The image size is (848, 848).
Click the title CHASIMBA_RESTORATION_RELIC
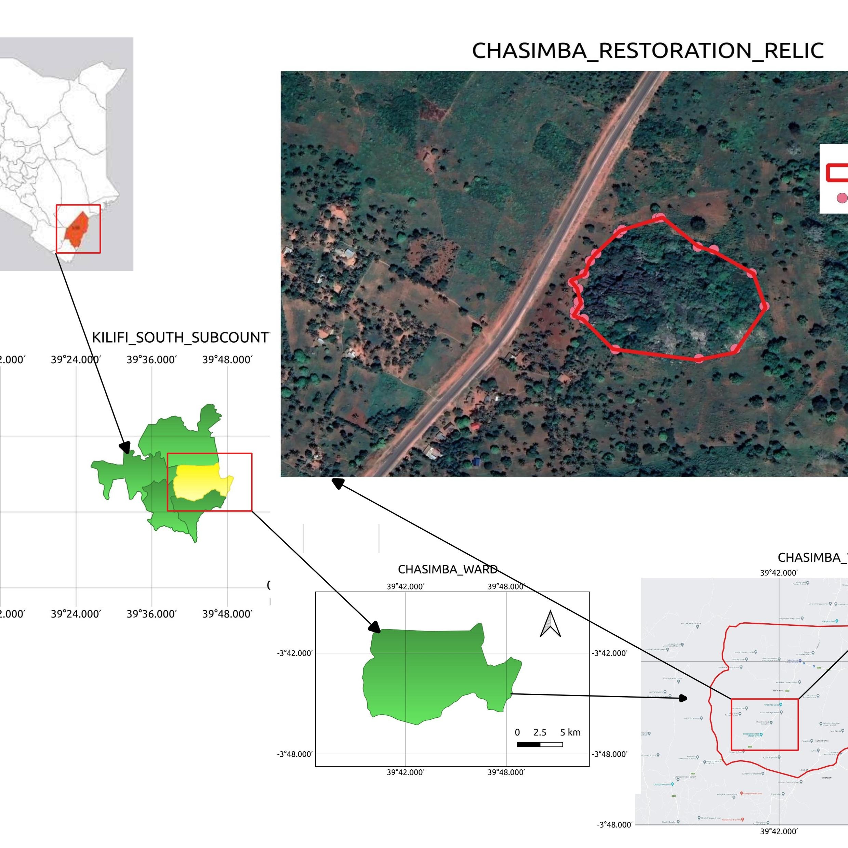(647, 51)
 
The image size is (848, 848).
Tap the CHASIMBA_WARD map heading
(447, 569)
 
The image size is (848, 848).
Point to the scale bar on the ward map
(540, 744)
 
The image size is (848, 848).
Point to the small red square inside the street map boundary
(765, 724)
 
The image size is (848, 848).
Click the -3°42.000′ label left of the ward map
(295, 653)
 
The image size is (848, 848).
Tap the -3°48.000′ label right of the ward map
(610, 754)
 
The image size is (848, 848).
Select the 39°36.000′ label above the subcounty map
(151, 360)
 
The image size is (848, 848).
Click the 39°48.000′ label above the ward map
(506, 587)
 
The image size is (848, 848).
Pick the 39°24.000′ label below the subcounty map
(76, 614)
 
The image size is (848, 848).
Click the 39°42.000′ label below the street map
(779, 831)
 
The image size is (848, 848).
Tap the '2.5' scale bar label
(540, 732)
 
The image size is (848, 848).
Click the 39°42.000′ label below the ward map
(406, 772)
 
